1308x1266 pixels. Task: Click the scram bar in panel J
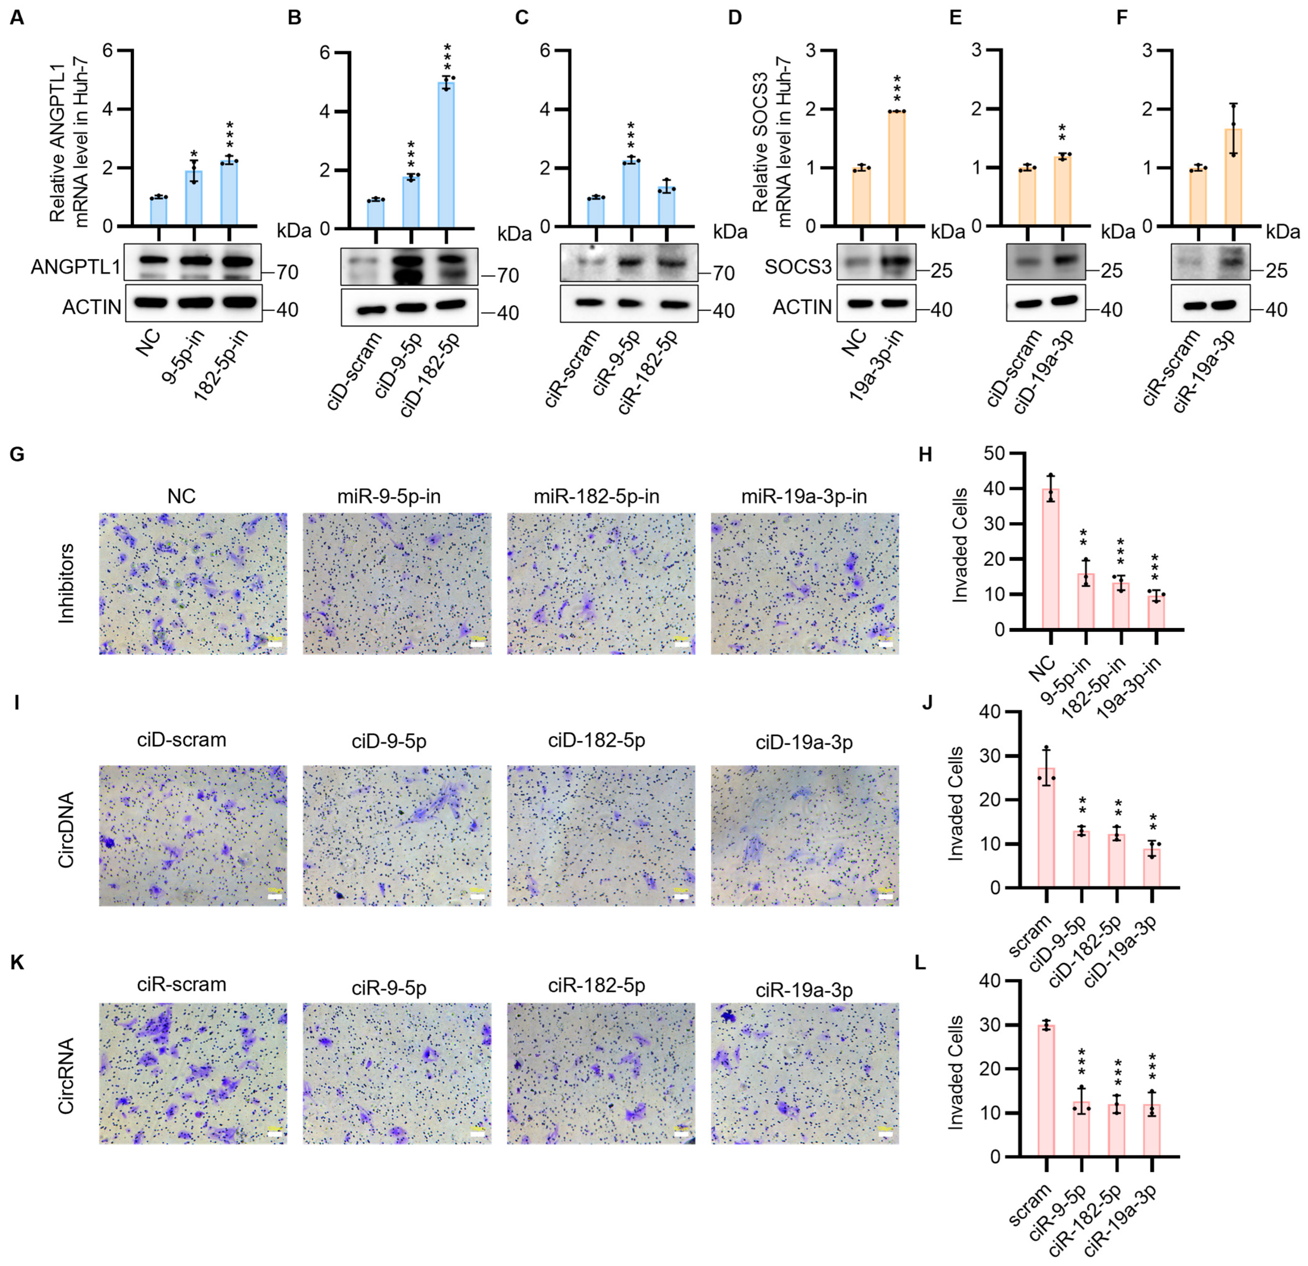click(x=1046, y=827)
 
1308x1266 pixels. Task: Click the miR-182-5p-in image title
click(x=597, y=496)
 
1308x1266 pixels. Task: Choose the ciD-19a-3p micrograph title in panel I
click(x=804, y=742)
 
